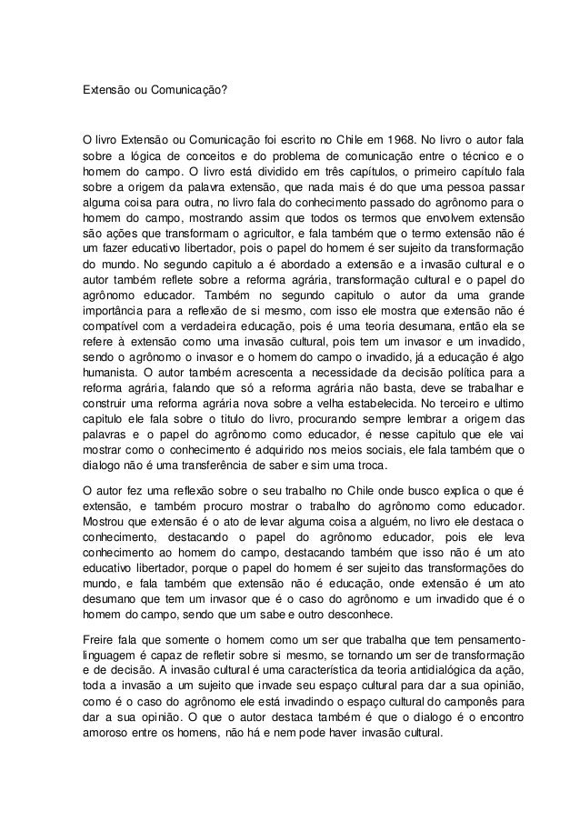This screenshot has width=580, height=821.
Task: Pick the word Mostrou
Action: point(104,521)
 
